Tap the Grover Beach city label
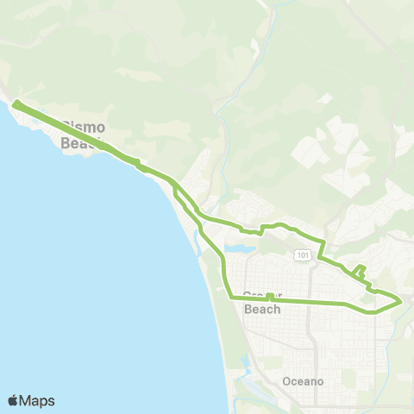pyautogui.click(x=262, y=301)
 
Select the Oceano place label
pyautogui.click(x=303, y=380)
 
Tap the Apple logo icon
pyautogui.click(x=14, y=400)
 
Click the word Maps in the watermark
pyautogui.click(x=38, y=400)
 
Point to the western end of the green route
pyautogui.click(x=16, y=105)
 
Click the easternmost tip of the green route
pyautogui.click(x=401, y=301)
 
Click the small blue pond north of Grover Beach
pyautogui.click(x=241, y=248)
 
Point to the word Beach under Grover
pyautogui.click(x=262, y=309)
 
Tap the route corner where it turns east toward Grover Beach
pyautogui.click(x=229, y=297)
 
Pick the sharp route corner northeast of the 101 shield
pyautogui.click(x=323, y=242)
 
